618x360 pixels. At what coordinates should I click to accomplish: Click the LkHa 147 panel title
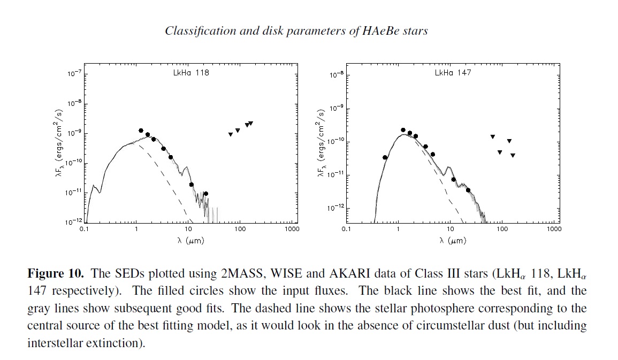click(x=453, y=73)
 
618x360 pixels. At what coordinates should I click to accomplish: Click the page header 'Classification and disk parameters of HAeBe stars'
click(x=296, y=30)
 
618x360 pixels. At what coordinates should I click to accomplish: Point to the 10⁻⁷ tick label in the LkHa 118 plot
click(x=74, y=73)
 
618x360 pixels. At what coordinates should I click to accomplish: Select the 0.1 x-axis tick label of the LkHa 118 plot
click(x=84, y=229)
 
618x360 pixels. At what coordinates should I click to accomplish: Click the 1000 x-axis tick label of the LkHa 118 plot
click(x=292, y=229)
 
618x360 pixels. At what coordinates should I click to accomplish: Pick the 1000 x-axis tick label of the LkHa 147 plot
click(x=554, y=229)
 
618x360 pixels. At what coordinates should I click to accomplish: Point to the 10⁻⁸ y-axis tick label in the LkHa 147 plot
click(x=337, y=75)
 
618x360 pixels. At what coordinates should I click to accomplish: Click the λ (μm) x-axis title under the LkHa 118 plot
click(x=191, y=241)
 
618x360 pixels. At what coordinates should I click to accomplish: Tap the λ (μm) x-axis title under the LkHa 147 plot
click(x=453, y=241)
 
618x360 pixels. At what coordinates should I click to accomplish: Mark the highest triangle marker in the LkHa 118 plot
click(x=250, y=124)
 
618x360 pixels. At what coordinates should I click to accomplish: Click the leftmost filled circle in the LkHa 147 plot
click(x=385, y=157)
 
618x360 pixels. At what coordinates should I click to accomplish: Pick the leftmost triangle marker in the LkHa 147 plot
click(x=492, y=137)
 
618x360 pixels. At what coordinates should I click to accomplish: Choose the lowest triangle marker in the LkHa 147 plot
click(x=513, y=156)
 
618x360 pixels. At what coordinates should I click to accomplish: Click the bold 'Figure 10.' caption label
click(x=56, y=274)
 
